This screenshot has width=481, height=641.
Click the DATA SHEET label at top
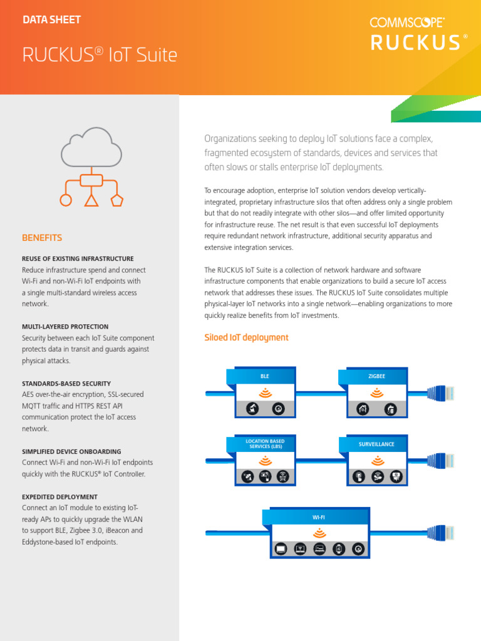51,20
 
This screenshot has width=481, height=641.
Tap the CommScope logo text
407,23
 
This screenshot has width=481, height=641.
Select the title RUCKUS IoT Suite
100,56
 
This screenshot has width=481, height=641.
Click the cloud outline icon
91,146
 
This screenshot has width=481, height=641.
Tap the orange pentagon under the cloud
116,200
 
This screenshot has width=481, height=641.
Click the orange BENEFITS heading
42,238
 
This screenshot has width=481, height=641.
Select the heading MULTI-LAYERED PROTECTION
65,327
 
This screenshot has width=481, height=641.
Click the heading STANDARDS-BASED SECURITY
66,383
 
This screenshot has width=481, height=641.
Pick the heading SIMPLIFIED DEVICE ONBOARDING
71,451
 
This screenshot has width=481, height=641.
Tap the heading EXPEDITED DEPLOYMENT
59,496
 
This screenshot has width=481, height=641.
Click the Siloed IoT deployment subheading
246,337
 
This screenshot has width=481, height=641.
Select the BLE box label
265,377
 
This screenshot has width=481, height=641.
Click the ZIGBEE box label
376,377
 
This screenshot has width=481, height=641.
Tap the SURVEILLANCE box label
376,444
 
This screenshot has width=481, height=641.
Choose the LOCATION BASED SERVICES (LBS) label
265,444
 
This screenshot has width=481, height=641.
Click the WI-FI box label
319,518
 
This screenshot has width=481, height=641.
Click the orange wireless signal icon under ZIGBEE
376,393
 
